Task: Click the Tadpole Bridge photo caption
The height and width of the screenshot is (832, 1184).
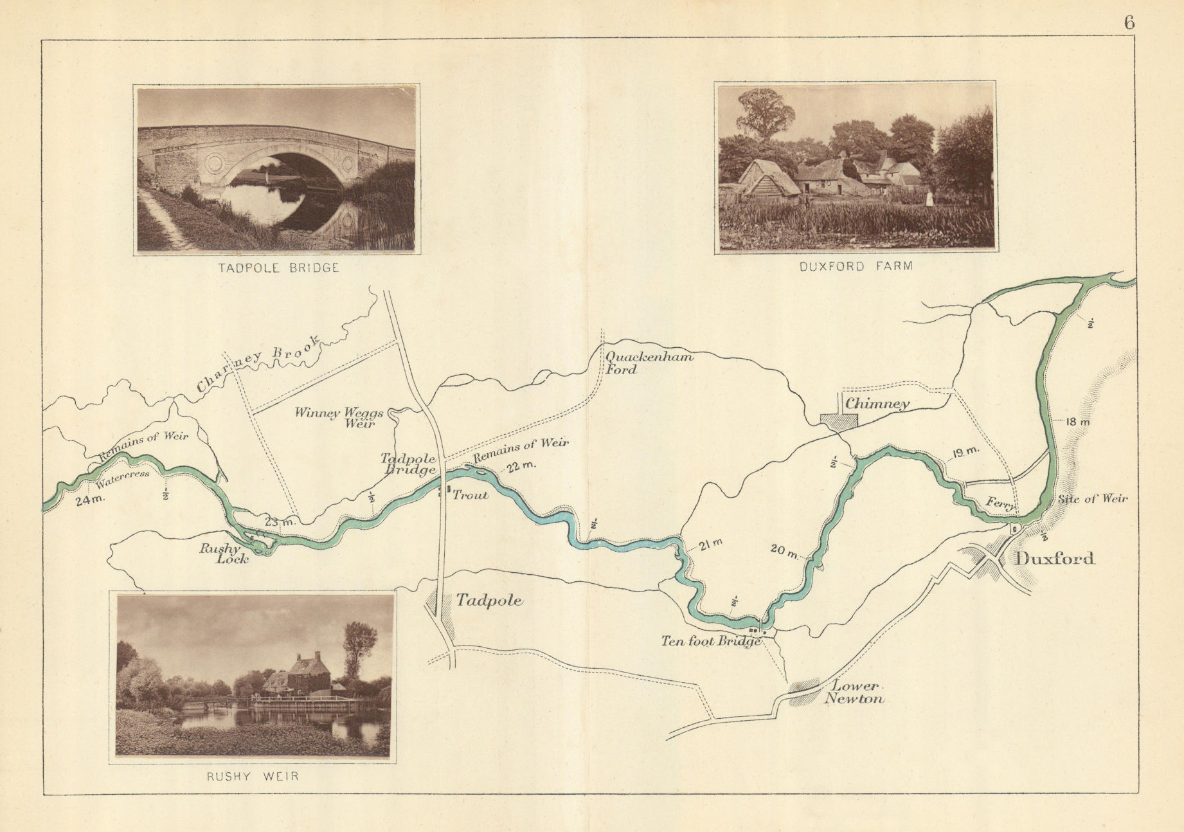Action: (x=278, y=268)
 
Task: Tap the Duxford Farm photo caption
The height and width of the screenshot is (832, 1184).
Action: (x=856, y=266)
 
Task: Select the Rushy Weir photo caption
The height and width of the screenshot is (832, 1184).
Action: (x=253, y=776)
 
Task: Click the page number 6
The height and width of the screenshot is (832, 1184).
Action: (x=1129, y=22)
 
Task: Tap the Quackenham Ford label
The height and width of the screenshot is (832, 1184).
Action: (x=648, y=362)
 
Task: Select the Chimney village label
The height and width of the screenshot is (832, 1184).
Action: (x=877, y=404)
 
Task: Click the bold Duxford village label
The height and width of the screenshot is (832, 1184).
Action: (x=1054, y=558)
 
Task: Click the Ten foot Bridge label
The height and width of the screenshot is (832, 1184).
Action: (x=712, y=641)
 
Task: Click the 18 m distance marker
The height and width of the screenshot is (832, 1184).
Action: (x=1078, y=422)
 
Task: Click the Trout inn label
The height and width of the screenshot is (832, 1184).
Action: (x=471, y=494)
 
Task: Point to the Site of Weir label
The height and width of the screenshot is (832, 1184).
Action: (x=1093, y=498)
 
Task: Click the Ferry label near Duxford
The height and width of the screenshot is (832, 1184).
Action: (x=1000, y=503)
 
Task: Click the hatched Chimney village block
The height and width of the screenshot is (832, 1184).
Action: (x=839, y=421)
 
